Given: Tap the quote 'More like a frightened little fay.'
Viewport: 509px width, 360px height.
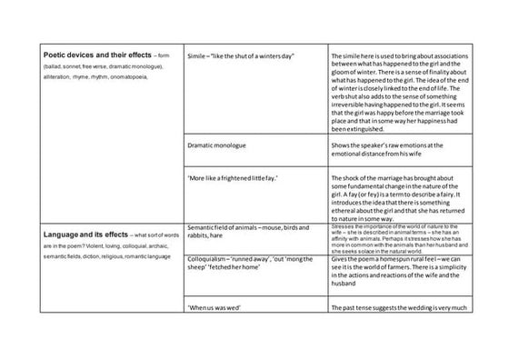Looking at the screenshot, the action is [233, 178].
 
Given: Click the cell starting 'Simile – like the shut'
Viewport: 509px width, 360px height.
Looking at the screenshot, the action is [241, 56].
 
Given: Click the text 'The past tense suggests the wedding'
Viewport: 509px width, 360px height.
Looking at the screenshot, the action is [400, 308].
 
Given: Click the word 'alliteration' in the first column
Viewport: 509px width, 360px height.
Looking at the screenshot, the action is [61, 78].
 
